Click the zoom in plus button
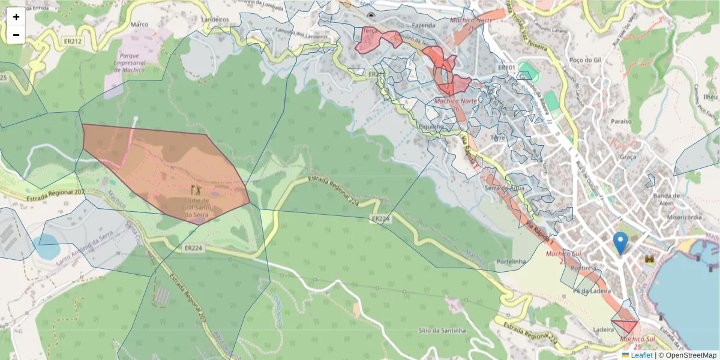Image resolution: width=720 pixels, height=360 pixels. (16, 17)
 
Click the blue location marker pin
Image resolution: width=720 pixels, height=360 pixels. (620, 242)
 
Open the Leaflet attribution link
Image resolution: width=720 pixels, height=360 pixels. (641, 355)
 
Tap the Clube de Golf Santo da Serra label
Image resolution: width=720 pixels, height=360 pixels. (196, 208)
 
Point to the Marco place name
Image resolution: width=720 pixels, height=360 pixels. (139, 25)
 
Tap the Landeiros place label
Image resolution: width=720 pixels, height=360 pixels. (216, 20)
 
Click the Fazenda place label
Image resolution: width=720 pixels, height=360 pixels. (424, 26)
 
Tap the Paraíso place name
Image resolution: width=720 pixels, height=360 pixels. (622, 121)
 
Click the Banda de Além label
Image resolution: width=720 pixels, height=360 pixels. (666, 199)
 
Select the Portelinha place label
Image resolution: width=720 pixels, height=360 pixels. (511, 262)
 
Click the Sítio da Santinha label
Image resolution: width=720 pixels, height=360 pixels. (443, 331)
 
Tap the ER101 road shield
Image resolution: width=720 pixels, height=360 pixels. (507, 67)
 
